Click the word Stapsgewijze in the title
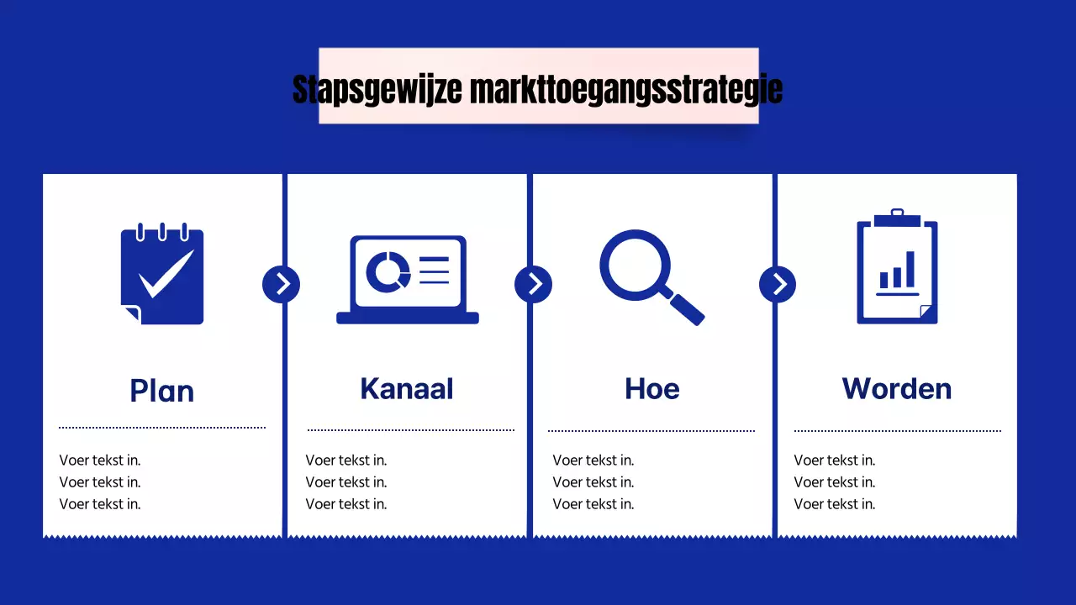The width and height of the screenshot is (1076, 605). tap(377, 89)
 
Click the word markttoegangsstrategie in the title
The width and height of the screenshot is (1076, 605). tap(625, 89)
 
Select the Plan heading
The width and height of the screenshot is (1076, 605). tap(162, 391)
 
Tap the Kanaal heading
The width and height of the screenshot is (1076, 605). tap(407, 388)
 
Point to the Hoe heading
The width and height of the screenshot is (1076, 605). tap(652, 388)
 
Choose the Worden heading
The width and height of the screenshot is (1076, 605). tap(897, 388)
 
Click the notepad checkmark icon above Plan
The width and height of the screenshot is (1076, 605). tap(162, 274)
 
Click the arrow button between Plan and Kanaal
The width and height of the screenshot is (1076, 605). tap(282, 284)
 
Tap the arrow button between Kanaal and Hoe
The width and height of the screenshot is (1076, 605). tap(534, 284)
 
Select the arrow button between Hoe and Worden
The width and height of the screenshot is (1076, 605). tap(778, 284)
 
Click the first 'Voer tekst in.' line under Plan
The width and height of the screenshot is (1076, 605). tap(100, 460)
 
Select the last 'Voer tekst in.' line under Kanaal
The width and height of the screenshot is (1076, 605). tap(346, 504)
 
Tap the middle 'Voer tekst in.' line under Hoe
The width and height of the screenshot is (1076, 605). tap(593, 482)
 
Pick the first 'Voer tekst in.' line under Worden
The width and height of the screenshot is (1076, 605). tap(835, 460)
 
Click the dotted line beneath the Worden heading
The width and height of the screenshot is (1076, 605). tap(897, 431)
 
